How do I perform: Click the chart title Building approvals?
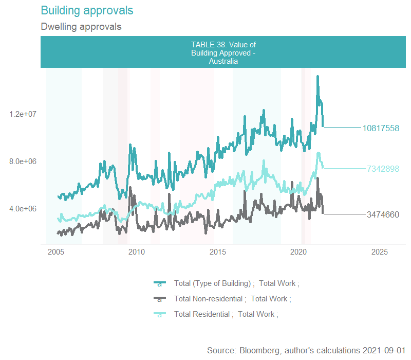click(x=86, y=10)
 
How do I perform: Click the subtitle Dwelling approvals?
click(x=81, y=26)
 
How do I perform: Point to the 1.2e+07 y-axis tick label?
click(x=23, y=114)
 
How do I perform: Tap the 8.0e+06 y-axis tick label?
click(x=23, y=161)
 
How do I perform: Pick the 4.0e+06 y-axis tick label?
click(x=23, y=209)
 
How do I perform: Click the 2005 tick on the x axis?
click(x=55, y=251)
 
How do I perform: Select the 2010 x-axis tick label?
click(x=136, y=251)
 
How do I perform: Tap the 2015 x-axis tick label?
click(x=218, y=251)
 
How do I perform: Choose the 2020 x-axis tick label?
click(x=298, y=251)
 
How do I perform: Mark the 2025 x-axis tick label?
click(x=379, y=251)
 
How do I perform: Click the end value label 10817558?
click(x=381, y=128)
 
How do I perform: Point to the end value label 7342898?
click(x=383, y=169)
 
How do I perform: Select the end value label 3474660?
click(x=383, y=214)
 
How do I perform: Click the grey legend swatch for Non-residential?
click(x=159, y=299)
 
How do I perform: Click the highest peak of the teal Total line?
click(x=318, y=77)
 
